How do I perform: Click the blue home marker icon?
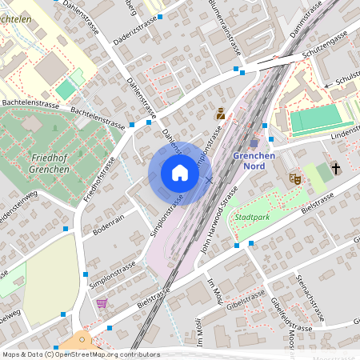[180, 173]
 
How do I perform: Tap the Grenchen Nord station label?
[254, 161]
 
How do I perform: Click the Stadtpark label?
[251, 217]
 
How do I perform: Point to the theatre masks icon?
[294, 179]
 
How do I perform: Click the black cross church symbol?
[337, 169]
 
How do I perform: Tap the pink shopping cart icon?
[102, 303]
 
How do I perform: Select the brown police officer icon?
[220, 114]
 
